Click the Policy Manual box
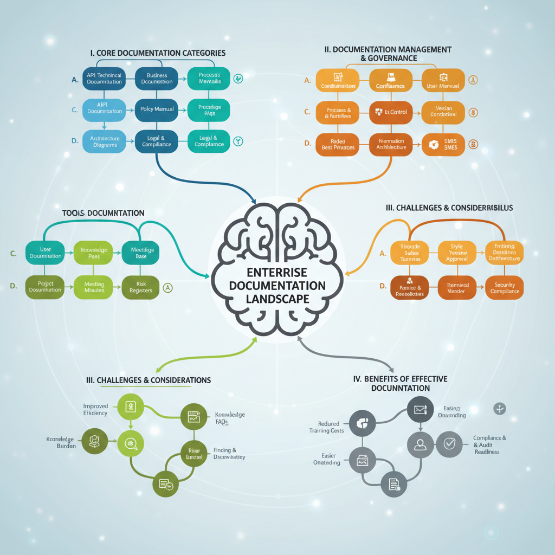pos(157,109)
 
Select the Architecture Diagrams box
pos(105,141)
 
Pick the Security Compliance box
pos(505,287)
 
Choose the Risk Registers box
pos(141,287)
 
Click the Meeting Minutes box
pos(94,287)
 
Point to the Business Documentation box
pos(157,78)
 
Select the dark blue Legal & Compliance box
pos(157,141)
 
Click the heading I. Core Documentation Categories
pos(158,53)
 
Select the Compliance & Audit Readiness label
pos(489,444)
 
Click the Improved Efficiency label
pos(95,409)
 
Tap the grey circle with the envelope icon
pos(421,410)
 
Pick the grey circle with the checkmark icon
pos(449,444)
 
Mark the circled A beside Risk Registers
pos(168,288)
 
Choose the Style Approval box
pos(456,253)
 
